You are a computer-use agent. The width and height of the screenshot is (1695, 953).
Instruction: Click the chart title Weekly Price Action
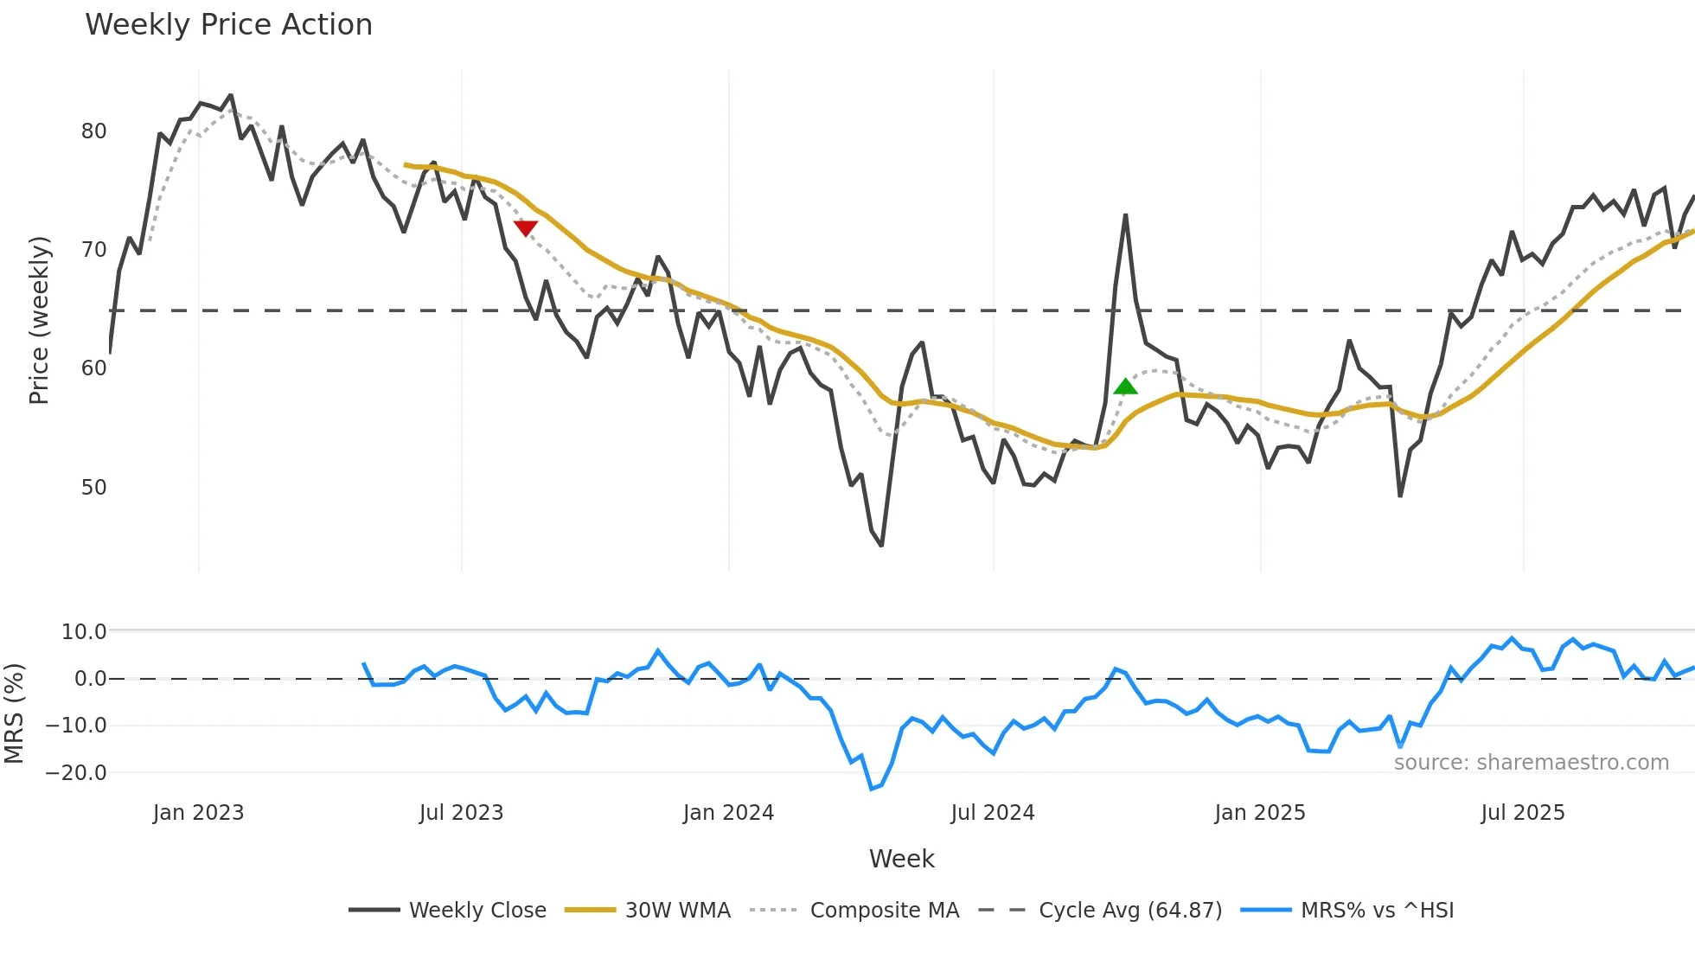tap(228, 25)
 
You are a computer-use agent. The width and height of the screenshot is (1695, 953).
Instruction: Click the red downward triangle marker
tap(525, 227)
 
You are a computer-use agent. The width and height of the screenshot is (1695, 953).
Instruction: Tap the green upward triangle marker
tap(1125, 387)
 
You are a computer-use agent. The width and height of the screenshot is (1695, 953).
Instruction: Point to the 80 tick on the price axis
tap(93, 131)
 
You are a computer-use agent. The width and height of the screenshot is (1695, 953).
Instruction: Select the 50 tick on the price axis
tap(93, 488)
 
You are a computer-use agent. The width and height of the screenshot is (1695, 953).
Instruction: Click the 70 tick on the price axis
tap(93, 250)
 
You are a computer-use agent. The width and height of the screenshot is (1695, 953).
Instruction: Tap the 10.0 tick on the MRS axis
tap(83, 632)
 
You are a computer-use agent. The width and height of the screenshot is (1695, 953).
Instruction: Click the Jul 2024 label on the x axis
tap(992, 813)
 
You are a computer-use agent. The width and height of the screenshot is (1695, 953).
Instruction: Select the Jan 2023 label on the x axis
tap(198, 813)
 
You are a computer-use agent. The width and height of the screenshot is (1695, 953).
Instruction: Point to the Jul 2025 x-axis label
tap(1522, 813)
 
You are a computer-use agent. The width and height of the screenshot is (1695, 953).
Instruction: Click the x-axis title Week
tap(901, 859)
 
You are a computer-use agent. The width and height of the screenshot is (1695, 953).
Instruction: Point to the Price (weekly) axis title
tap(39, 320)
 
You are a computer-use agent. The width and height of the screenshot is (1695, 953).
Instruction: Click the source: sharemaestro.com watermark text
tap(1531, 763)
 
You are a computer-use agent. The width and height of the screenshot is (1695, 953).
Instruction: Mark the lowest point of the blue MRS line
tap(872, 789)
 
